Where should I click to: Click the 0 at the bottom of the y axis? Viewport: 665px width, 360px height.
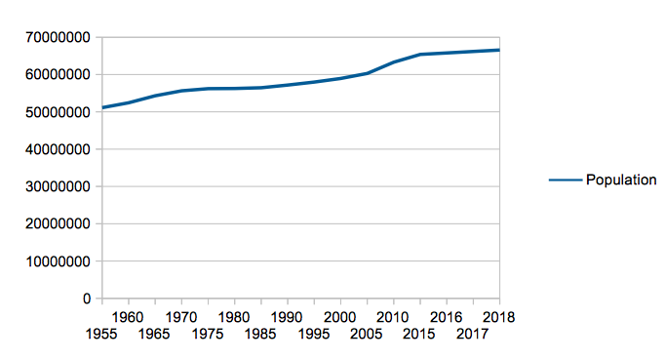click(86, 299)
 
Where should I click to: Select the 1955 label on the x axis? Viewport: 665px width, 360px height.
click(102, 335)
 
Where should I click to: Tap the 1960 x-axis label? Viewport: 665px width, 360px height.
click(129, 317)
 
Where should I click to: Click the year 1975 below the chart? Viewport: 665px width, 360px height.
click(208, 335)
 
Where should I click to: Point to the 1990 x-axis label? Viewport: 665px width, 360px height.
click(287, 317)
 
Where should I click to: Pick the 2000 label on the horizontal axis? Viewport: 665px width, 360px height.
click(339, 317)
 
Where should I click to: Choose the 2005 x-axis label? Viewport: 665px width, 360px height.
click(366, 335)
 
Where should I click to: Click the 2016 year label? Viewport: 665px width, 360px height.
click(446, 317)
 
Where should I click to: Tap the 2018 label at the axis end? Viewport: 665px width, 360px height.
click(498, 317)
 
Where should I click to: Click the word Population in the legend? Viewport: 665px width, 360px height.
click(621, 180)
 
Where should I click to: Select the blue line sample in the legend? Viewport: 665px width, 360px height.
click(565, 180)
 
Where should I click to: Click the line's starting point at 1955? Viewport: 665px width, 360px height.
click(103, 107)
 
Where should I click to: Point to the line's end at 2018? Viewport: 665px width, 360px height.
click(498, 50)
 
